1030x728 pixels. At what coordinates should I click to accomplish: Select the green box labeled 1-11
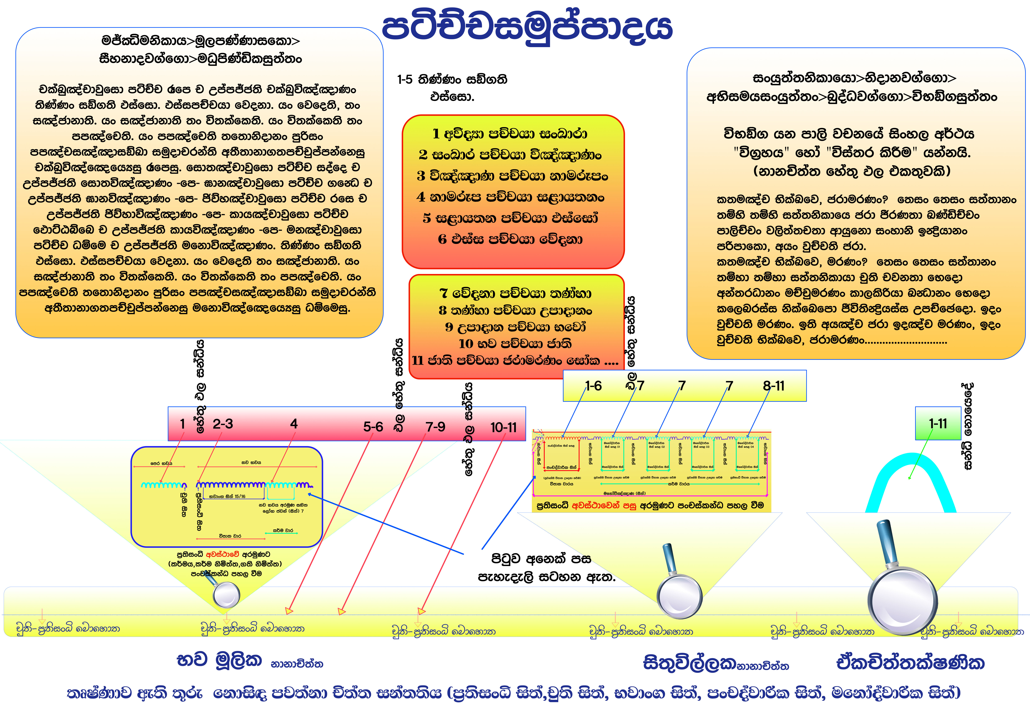[x=938, y=423]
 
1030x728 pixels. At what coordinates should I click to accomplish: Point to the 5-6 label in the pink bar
[x=373, y=427]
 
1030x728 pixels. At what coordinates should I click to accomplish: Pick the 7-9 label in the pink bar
[x=435, y=427]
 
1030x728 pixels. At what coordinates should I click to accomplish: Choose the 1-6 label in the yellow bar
[x=593, y=386]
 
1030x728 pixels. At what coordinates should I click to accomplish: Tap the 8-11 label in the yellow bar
[x=774, y=386]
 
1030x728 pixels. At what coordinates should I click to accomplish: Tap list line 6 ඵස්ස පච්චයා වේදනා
[x=510, y=239]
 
